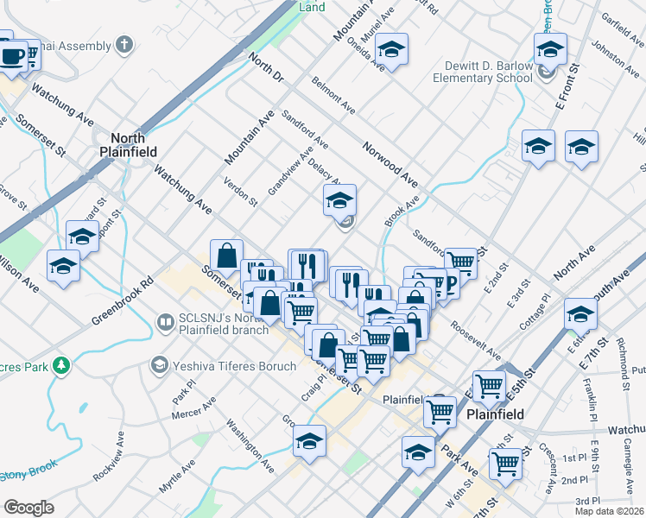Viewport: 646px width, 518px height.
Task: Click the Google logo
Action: tap(29, 508)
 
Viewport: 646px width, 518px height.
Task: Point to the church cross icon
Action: tap(124, 43)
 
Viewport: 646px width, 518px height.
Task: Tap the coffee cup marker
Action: tap(12, 57)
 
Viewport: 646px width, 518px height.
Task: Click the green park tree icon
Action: tap(61, 366)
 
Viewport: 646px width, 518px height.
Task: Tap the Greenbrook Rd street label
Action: tap(122, 301)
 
